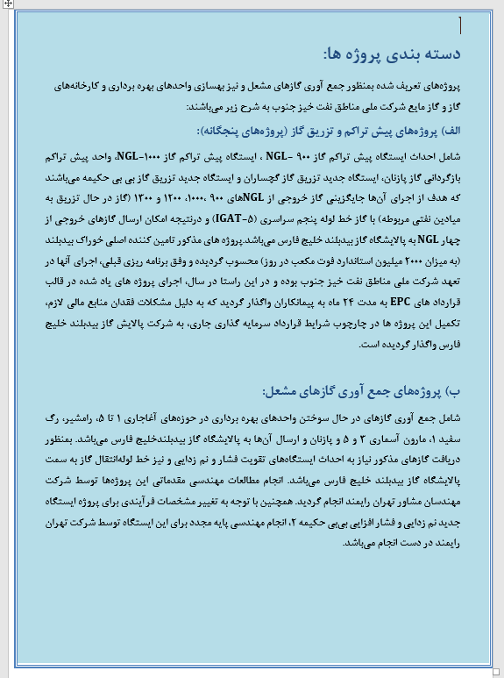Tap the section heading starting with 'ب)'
(374, 389)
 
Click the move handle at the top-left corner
(5, 5)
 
